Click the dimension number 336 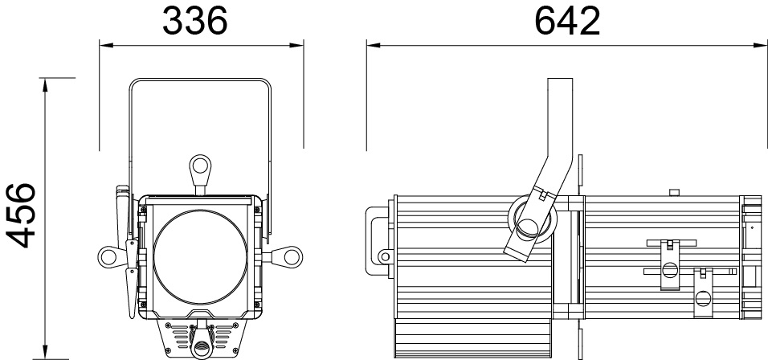195,21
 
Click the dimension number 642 567,21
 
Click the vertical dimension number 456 21,215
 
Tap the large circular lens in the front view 200,257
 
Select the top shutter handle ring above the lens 200,166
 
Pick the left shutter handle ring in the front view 108,256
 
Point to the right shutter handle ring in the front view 292,256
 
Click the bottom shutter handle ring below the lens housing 200,348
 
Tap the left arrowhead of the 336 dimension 106,46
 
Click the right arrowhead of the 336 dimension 296,46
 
